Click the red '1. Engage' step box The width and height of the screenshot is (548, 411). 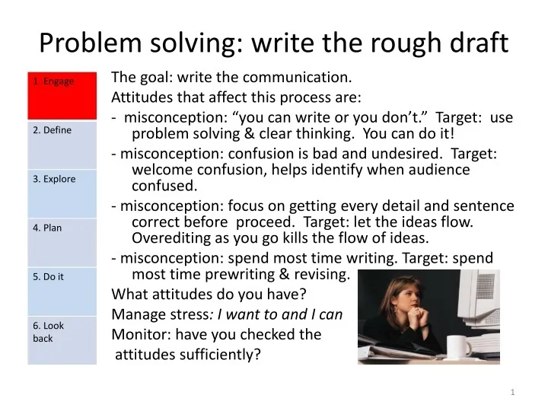coord(62,96)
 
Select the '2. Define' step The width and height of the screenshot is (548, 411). coord(62,145)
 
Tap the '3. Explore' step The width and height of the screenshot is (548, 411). coord(62,193)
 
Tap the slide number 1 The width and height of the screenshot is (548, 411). coord(513,391)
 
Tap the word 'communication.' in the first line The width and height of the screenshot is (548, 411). coord(303,77)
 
